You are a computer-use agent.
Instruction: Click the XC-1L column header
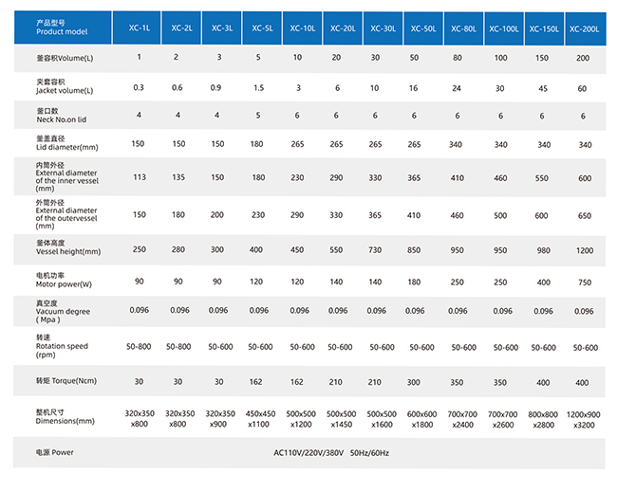click(x=139, y=29)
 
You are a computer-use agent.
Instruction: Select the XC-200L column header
click(x=584, y=29)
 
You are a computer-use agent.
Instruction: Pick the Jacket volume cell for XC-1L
click(x=139, y=87)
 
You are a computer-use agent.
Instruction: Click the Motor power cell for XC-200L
click(x=584, y=282)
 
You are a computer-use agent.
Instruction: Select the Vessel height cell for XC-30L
click(x=376, y=250)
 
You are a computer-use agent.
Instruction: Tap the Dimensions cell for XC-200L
click(x=584, y=420)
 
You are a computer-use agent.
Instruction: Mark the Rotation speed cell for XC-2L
click(x=178, y=347)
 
